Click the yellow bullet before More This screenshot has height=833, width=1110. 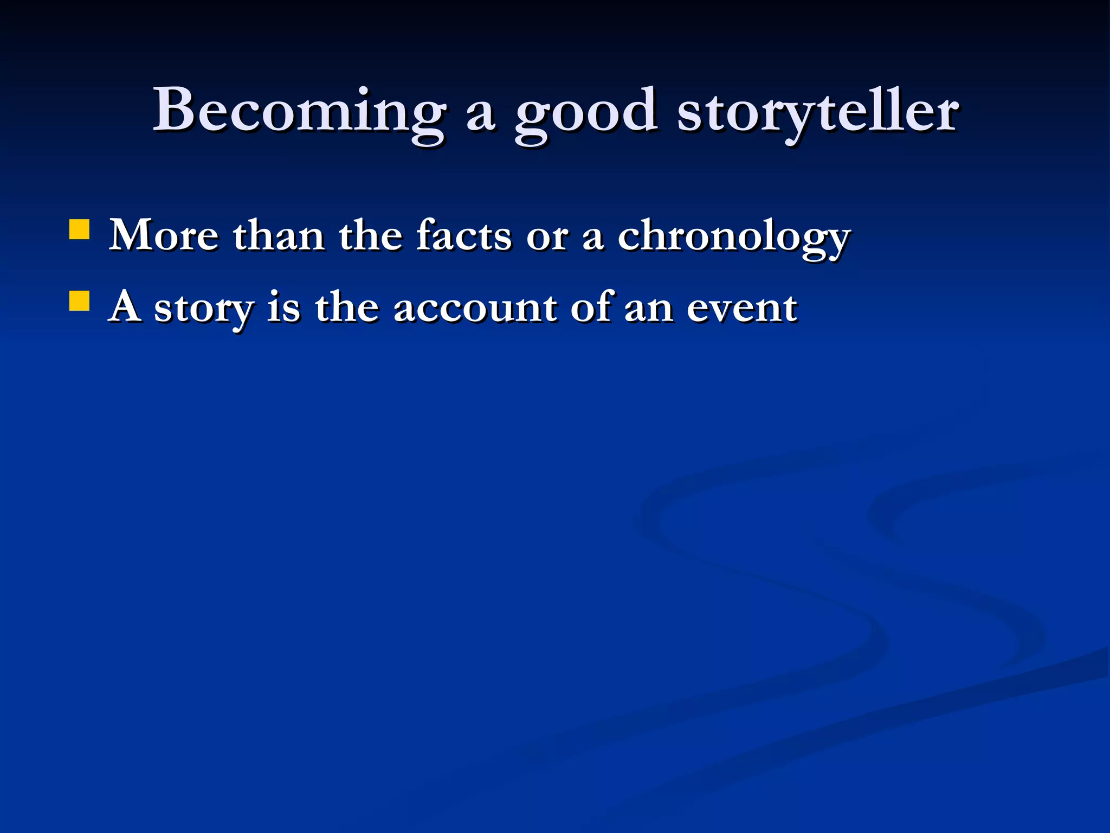[79, 229]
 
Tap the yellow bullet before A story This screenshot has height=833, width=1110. [79, 300]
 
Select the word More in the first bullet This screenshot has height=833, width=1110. [164, 236]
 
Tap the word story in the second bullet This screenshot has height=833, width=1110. [204, 309]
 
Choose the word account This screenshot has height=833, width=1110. [474, 309]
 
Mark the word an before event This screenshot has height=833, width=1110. [649, 310]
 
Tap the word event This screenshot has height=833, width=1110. [741, 309]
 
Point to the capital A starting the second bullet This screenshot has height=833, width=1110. [125, 307]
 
